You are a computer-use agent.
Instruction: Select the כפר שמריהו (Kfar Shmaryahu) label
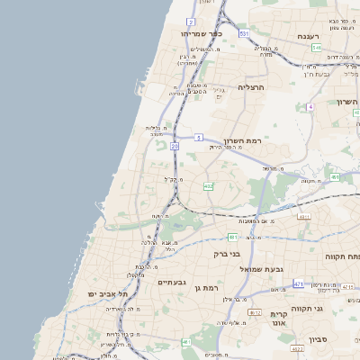pos(201,33)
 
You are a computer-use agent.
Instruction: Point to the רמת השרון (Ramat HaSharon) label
pos(243,142)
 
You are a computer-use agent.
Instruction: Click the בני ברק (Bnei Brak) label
pos(227,254)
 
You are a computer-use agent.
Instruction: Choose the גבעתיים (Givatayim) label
pos(171,283)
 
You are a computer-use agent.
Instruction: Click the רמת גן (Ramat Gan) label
pos(206,287)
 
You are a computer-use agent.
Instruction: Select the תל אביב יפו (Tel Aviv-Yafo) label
pos(108,294)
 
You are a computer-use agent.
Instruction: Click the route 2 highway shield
pos(191,21)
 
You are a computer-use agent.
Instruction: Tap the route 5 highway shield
pos(197,138)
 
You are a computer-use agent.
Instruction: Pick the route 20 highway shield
pos(175,145)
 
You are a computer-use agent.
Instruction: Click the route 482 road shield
pos(209,186)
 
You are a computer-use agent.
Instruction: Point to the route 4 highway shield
pos(310,106)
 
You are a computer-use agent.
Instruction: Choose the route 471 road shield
pos(298,283)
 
